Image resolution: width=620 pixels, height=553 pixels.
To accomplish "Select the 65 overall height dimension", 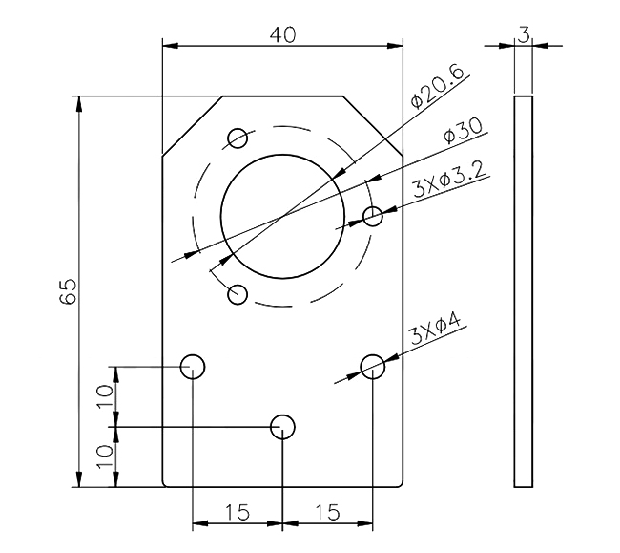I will click(x=67, y=292).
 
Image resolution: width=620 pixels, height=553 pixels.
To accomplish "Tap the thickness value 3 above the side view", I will click(x=524, y=33).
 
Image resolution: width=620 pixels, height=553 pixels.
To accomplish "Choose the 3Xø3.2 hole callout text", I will click(x=451, y=181).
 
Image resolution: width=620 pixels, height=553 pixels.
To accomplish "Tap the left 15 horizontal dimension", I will click(x=238, y=513).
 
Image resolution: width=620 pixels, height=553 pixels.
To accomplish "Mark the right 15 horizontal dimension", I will click(x=327, y=513).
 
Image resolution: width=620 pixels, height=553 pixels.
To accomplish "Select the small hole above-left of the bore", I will click(x=238, y=138).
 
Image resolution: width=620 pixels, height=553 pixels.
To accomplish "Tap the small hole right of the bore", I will click(x=373, y=216).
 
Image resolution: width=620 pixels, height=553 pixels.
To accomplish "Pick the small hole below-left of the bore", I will click(x=238, y=293).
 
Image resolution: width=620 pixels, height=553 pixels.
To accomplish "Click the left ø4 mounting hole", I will click(x=194, y=365).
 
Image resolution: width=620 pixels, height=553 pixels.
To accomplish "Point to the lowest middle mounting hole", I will click(x=283, y=427).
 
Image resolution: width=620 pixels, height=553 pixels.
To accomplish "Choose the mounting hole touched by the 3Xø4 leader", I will click(x=373, y=365).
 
